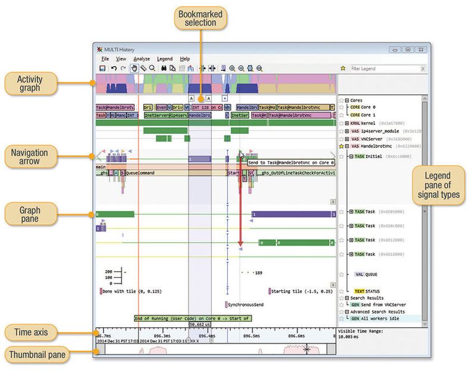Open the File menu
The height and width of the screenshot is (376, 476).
click(105, 59)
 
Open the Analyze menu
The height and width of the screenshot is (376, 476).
click(142, 59)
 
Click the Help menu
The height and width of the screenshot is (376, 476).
click(185, 59)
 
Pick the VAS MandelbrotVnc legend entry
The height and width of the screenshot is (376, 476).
click(375, 146)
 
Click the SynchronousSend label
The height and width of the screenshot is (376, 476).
click(245, 305)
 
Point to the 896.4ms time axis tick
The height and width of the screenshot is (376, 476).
click(207, 336)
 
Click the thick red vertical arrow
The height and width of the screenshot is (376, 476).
click(240, 202)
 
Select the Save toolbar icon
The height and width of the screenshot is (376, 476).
click(102, 68)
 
